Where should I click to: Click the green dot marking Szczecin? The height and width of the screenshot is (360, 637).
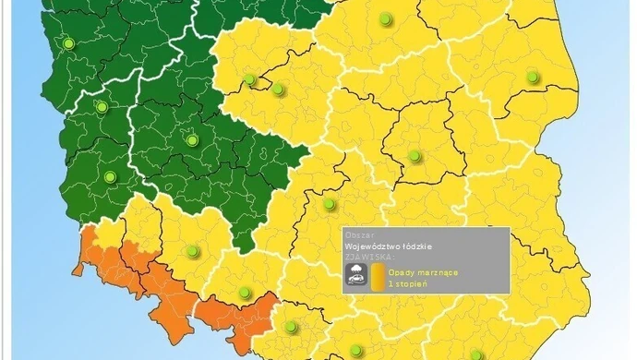(x=67, y=43)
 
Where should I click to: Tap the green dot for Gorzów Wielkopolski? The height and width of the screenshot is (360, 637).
(x=102, y=107)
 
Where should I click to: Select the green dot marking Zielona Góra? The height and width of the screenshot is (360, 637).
(x=110, y=176)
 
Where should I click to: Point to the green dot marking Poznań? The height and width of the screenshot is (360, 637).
(x=192, y=140)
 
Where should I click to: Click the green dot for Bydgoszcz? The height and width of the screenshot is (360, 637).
(x=249, y=79)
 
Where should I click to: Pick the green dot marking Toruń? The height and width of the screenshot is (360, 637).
(x=276, y=89)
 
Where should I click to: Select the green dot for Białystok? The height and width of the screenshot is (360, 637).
(x=533, y=77)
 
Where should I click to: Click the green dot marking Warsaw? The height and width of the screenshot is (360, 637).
(x=415, y=155)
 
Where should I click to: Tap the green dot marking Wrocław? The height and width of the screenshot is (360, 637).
(x=192, y=250)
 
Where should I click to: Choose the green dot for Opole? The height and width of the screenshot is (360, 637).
(x=245, y=294)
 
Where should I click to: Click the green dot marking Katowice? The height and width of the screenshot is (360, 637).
(x=292, y=327)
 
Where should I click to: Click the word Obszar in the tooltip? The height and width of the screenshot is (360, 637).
(x=358, y=234)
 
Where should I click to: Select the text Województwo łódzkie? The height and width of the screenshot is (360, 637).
(x=388, y=246)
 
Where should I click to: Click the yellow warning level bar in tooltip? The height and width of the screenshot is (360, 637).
(x=377, y=277)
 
